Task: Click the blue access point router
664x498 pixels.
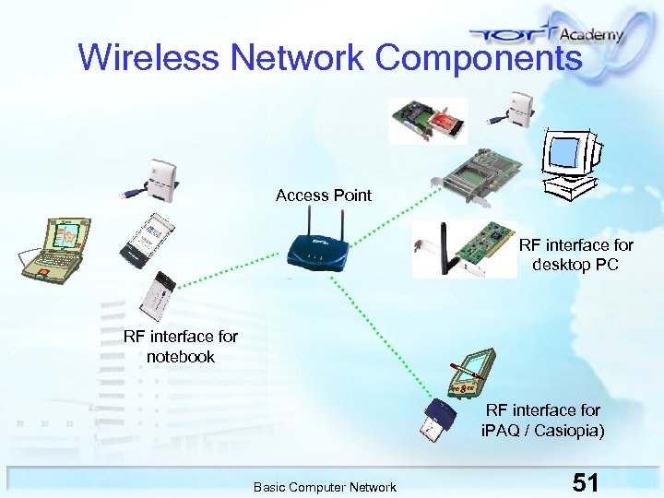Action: (x=318, y=247)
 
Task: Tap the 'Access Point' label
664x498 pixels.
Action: (x=324, y=196)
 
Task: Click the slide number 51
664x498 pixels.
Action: (x=586, y=482)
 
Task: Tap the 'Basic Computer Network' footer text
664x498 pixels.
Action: (x=325, y=487)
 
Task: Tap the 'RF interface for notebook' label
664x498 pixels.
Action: (x=181, y=347)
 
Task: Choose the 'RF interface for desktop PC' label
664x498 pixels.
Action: (x=576, y=255)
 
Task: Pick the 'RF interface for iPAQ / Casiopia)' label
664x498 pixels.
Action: (x=543, y=420)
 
